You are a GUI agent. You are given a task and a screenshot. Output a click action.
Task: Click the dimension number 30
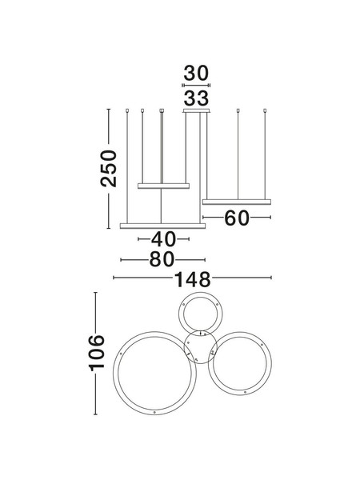(x=196, y=73)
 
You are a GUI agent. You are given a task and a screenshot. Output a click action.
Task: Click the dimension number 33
(x=196, y=98)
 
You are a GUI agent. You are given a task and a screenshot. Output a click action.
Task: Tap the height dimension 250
(x=109, y=168)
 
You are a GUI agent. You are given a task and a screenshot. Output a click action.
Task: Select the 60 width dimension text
(x=237, y=218)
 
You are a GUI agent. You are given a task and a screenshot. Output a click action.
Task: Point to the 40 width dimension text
(x=163, y=239)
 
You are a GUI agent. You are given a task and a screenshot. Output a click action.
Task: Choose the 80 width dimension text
(x=162, y=259)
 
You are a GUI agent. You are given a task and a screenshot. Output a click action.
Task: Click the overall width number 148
(x=193, y=279)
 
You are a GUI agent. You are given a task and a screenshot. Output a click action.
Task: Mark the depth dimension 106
(x=97, y=353)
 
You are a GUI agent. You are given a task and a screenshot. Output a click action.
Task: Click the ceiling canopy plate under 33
(x=196, y=111)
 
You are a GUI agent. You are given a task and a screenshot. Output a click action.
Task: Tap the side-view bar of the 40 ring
(x=163, y=186)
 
